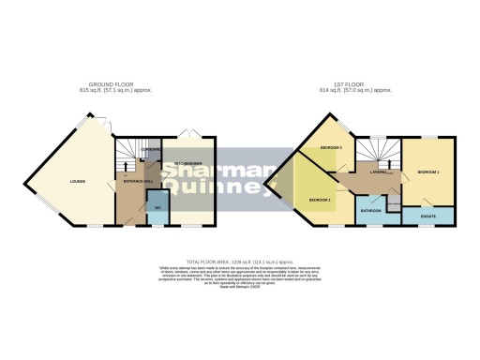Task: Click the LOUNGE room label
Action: [78, 181]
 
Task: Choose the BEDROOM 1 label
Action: [428, 173]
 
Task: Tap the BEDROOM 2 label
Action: [321, 201]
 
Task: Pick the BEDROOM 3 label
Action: [330, 149]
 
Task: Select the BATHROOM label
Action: [371, 211]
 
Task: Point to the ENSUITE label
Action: [427, 218]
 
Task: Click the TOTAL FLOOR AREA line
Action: [240, 262]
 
